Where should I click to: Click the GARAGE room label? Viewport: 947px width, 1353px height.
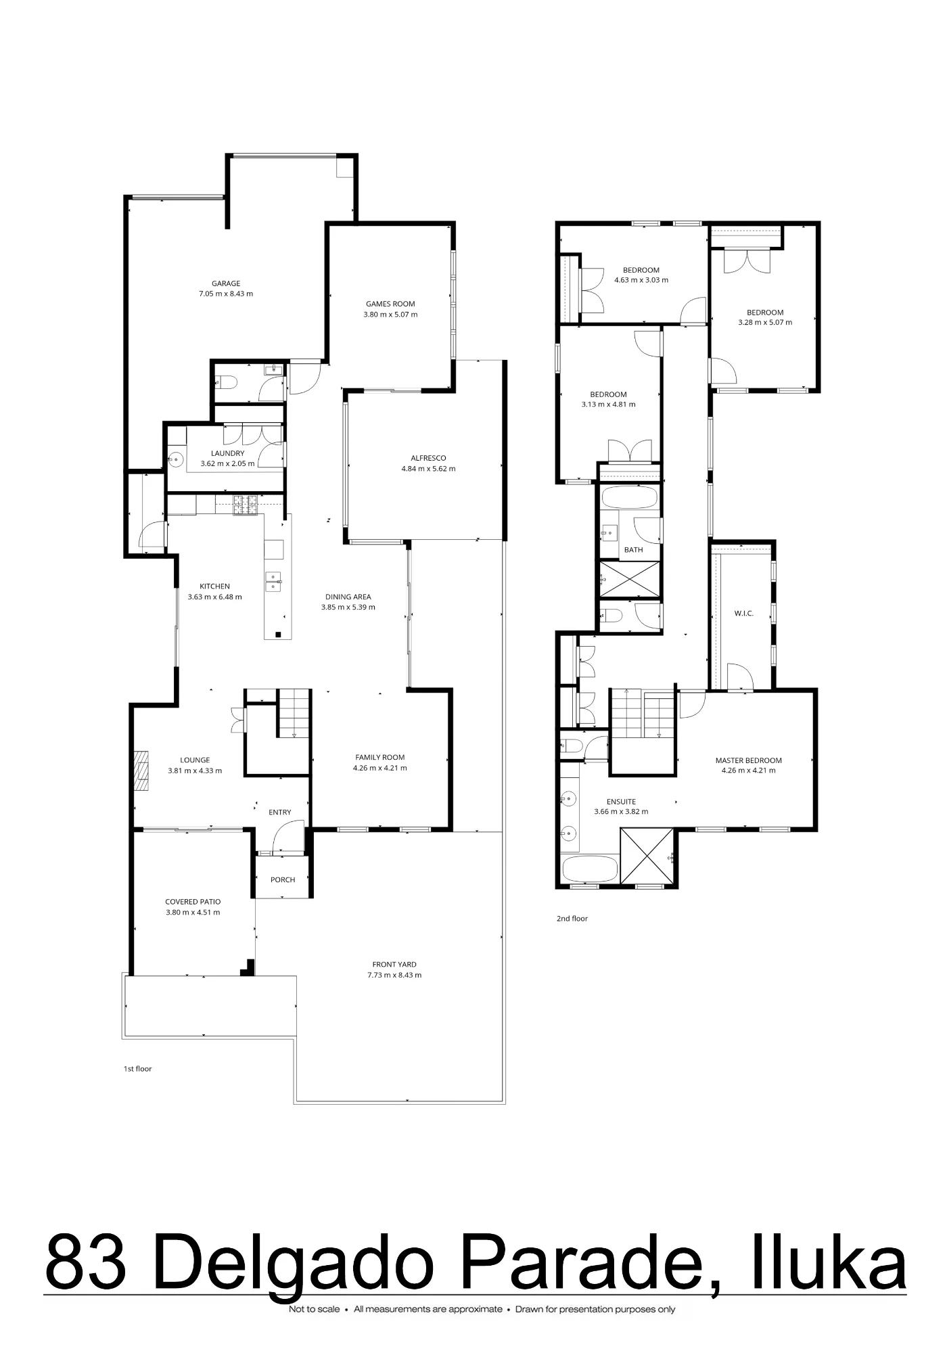(x=226, y=283)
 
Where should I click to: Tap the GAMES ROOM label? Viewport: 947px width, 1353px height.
(x=390, y=304)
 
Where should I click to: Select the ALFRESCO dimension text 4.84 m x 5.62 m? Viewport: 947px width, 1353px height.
(x=428, y=469)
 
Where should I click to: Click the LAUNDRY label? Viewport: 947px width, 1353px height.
(x=227, y=453)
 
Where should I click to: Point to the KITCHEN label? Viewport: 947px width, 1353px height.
(x=214, y=587)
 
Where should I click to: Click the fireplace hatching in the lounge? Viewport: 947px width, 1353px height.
(x=141, y=770)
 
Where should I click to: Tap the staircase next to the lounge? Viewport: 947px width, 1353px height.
(x=294, y=713)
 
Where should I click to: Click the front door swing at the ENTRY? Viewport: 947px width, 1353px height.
(x=288, y=836)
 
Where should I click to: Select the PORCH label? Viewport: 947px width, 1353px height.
(x=283, y=880)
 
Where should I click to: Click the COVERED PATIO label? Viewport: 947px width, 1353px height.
(x=193, y=902)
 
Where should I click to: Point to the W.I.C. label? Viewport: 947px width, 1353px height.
(x=744, y=614)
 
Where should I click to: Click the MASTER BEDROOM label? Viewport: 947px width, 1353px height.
(x=749, y=760)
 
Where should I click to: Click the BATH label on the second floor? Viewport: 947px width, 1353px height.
(x=634, y=550)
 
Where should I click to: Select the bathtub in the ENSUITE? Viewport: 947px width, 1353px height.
(x=589, y=869)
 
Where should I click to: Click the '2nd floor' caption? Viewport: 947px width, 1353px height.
(x=572, y=919)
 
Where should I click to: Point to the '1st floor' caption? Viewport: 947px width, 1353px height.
(x=137, y=1069)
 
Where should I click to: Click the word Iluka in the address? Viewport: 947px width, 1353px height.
(x=829, y=1264)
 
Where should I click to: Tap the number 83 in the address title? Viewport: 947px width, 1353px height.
(x=86, y=1264)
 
